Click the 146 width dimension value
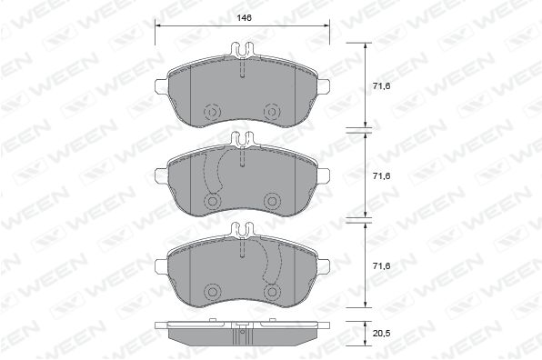[244, 17]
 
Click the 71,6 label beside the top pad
[381, 85]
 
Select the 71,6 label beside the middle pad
[381, 175]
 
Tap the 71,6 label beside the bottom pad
[381, 265]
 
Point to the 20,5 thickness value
[381, 333]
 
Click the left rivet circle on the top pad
[212, 112]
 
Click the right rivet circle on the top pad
[272, 112]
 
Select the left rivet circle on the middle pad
[212, 202]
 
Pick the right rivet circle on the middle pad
[272, 202]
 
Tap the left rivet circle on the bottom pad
[212, 292]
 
